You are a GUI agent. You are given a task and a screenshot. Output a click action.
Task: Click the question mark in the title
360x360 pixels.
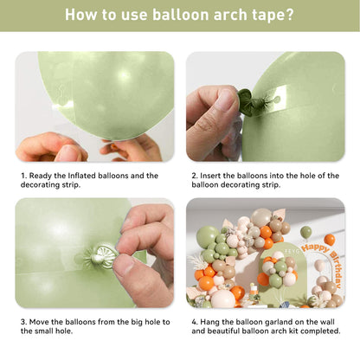point(289,15)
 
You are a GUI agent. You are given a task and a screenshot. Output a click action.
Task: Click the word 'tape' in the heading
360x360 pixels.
point(267,16)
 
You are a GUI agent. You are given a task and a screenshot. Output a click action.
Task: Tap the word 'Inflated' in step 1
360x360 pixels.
point(82,176)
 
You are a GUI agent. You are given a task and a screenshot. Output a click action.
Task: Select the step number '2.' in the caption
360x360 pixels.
point(195,176)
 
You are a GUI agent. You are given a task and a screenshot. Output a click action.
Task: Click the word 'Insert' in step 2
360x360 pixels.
point(210,176)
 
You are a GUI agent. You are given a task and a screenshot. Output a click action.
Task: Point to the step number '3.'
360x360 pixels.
point(23,322)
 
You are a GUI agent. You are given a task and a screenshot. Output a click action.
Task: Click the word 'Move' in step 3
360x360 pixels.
point(39,322)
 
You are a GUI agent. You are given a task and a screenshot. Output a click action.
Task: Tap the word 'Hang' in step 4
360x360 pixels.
point(210,322)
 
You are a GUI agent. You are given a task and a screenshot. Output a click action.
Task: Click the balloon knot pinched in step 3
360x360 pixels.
point(101,256)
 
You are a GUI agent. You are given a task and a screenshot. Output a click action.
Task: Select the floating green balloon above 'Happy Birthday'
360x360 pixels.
point(305,232)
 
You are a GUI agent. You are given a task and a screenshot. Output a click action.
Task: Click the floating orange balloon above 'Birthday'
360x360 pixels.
point(329,240)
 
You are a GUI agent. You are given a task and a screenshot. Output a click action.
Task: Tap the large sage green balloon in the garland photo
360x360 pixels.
point(208,237)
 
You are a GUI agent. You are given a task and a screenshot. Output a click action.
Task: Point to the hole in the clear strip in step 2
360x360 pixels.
point(276,100)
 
